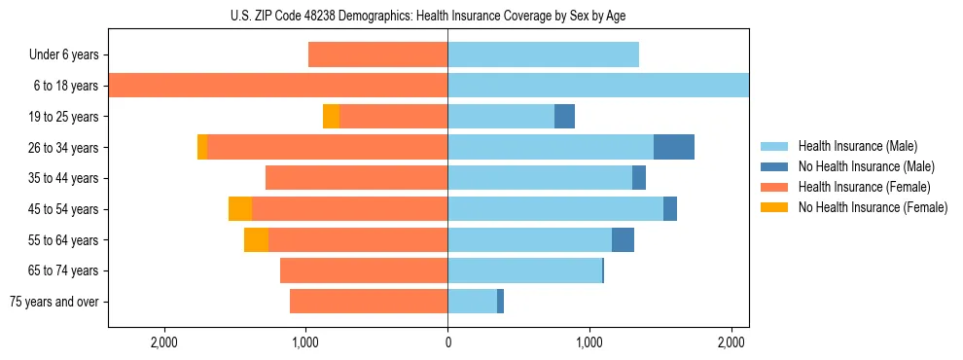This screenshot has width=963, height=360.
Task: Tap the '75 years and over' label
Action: pos(53,302)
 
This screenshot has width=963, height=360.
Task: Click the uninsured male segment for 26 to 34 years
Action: pos(673,148)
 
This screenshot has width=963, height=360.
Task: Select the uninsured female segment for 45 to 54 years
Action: pos(240,209)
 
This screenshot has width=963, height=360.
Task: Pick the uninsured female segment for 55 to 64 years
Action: pos(256,240)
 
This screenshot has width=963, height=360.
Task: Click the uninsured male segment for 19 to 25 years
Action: pos(564,117)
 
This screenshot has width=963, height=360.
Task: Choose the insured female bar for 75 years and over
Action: pos(369,302)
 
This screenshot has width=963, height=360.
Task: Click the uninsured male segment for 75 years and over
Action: pos(500,302)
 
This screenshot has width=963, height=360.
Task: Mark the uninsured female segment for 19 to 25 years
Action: pos(331,117)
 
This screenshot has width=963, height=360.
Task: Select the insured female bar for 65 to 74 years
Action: pos(364,270)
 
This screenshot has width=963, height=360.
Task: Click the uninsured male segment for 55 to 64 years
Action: pos(623,240)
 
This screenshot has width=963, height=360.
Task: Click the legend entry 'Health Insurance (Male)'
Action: pos(857,146)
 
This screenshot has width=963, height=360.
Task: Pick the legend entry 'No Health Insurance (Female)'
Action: pos(872,207)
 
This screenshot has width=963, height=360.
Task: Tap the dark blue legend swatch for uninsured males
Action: pos(774,166)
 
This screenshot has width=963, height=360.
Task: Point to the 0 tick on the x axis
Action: pos(447,342)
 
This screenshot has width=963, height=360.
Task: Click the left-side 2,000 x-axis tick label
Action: pos(163,342)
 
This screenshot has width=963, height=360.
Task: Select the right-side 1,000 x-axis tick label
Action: pos(589,342)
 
